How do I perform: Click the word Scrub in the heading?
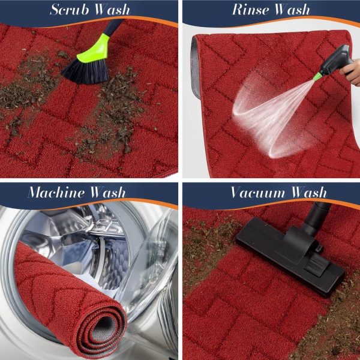pyautogui.click(x=70, y=10)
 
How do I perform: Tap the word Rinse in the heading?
pyautogui.click(x=250, y=10)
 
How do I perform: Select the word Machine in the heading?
pyautogui.click(x=56, y=193)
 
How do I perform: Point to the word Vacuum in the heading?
pyautogui.click(x=258, y=193)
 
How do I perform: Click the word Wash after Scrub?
pyautogui.click(x=113, y=10)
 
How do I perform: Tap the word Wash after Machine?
pyautogui.click(x=108, y=193)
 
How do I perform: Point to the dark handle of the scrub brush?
pyautogui.click(x=114, y=27)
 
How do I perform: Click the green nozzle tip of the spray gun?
pyautogui.click(x=318, y=76)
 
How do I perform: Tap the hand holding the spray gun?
pyautogui.click(x=350, y=72)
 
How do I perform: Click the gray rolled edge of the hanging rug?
pyautogui.click(x=195, y=67)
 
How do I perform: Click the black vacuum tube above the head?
pyautogui.click(x=316, y=218)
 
